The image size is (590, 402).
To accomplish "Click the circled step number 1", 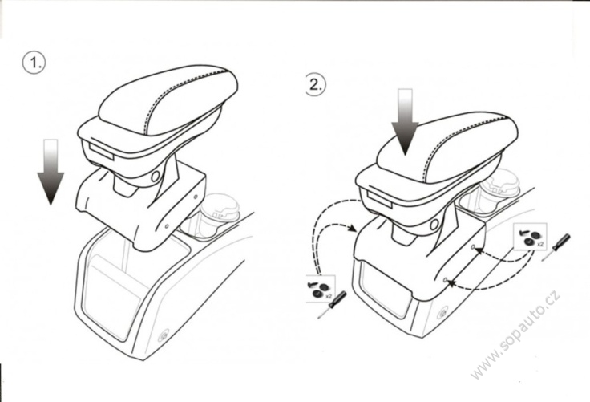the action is click(34, 63).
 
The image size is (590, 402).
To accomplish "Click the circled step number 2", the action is click(316, 84).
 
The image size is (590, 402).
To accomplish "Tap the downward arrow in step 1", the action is click(51, 172).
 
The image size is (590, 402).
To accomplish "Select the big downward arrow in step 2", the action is click(405, 122).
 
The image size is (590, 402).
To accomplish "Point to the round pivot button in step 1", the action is click(155, 176).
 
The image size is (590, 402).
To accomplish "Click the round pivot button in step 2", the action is click(434, 225).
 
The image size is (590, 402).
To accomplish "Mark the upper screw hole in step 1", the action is click(196, 197).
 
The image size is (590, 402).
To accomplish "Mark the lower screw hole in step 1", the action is click(167, 226).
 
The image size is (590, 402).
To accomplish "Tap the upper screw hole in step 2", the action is click(473, 247).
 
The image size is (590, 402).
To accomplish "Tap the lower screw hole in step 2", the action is click(445, 280).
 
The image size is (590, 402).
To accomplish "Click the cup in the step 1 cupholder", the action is click(220, 212).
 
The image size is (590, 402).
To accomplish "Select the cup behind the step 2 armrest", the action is click(499, 186).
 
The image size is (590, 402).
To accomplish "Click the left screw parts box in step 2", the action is click(321, 289).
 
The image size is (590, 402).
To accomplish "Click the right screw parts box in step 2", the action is click(530, 237).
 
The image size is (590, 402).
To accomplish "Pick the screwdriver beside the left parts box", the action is click(332, 305).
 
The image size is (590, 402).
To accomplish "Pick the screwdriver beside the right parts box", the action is click(556, 247).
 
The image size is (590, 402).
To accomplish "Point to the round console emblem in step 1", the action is click(164, 336).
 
